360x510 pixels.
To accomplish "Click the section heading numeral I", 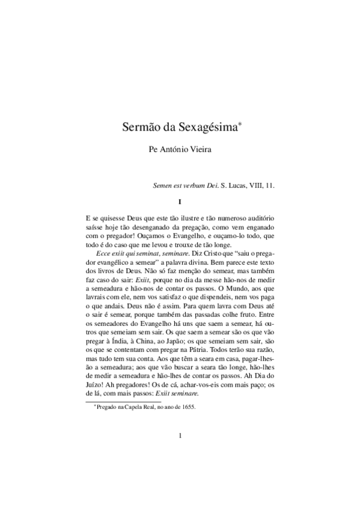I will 180,201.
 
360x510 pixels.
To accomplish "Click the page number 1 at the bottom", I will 180,435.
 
